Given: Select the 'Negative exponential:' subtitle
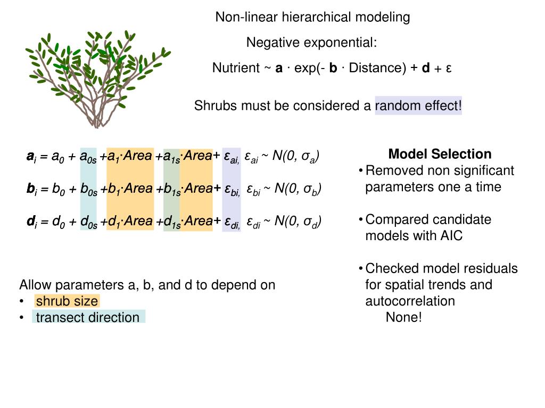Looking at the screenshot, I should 311,42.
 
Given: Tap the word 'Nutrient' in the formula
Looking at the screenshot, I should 235,68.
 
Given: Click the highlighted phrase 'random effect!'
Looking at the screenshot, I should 418,106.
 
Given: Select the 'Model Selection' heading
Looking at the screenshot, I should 440,154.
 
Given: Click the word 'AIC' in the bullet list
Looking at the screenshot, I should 451,236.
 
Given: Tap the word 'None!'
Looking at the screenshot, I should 403,318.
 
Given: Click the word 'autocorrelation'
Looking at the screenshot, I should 410,301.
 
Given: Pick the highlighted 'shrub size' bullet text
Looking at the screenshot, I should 67,301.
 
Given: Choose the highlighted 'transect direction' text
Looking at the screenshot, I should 87,318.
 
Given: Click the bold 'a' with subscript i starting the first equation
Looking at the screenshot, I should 30,157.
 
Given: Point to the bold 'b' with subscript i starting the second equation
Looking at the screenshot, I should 30,189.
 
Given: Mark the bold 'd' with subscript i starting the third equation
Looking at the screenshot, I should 30,222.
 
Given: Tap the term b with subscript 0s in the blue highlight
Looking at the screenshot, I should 88,190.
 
